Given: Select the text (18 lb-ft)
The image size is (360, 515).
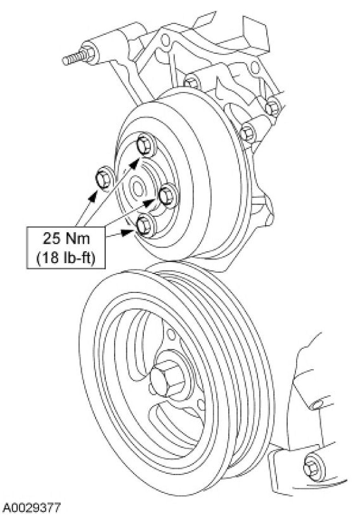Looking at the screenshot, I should tap(66, 258).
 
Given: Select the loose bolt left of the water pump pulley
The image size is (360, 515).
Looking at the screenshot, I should tap(104, 178).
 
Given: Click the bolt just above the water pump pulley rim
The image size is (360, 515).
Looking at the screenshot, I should tap(192, 82).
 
